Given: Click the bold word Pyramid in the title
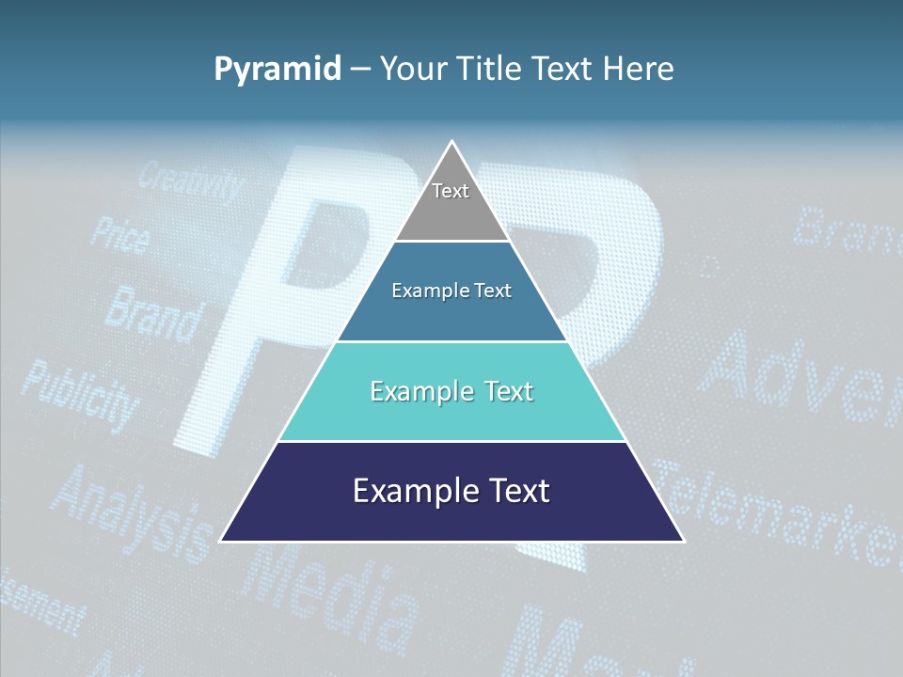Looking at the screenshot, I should [x=277, y=69].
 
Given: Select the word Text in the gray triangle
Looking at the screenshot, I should [x=451, y=191].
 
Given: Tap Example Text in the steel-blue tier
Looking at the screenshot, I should [x=451, y=291].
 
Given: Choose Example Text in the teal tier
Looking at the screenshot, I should [x=451, y=391].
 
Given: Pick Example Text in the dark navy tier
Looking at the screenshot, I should [x=451, y=491].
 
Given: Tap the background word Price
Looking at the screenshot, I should [x=119, y=234].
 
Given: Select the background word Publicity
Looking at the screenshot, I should [x=79, y=392].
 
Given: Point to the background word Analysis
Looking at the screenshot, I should [x=132, y=512].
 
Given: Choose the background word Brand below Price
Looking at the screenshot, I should [x=152, y=313].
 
